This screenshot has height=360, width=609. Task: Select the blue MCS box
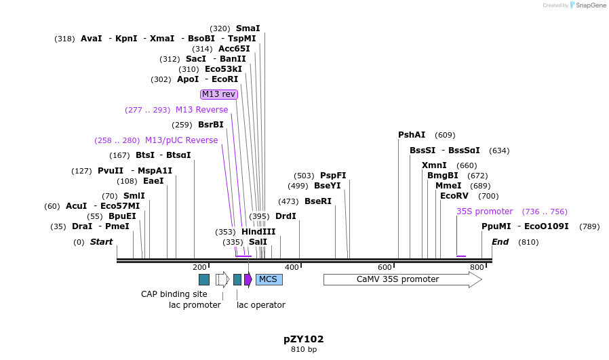[x=269, y=279]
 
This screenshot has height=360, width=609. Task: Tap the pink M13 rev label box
[x=219, y=94]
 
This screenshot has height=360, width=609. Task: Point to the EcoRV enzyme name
[x=454, y=196]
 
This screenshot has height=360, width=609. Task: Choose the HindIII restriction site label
[x=258, y=232]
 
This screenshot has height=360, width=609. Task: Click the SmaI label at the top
[x=248, y=28]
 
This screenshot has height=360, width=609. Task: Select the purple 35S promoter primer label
[x=485, y=212]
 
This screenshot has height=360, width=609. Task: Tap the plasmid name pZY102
[x=304, y=339]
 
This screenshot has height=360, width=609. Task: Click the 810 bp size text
[x=304, y=350]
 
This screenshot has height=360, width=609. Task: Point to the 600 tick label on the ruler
[x=385, y=267]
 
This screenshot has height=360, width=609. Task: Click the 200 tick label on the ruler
[x=199, y=267]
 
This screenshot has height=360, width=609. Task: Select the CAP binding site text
[x=174, y=294]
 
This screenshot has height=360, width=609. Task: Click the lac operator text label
[x=261, y=305]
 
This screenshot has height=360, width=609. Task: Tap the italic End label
[x=500, y=242]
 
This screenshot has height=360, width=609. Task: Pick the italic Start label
[x=101, y=242]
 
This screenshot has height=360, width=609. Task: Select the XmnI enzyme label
[x=434, y=165]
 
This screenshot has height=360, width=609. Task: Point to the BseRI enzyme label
[x=318, y=201]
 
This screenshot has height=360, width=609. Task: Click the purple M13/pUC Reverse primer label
[x=182, y=140]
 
